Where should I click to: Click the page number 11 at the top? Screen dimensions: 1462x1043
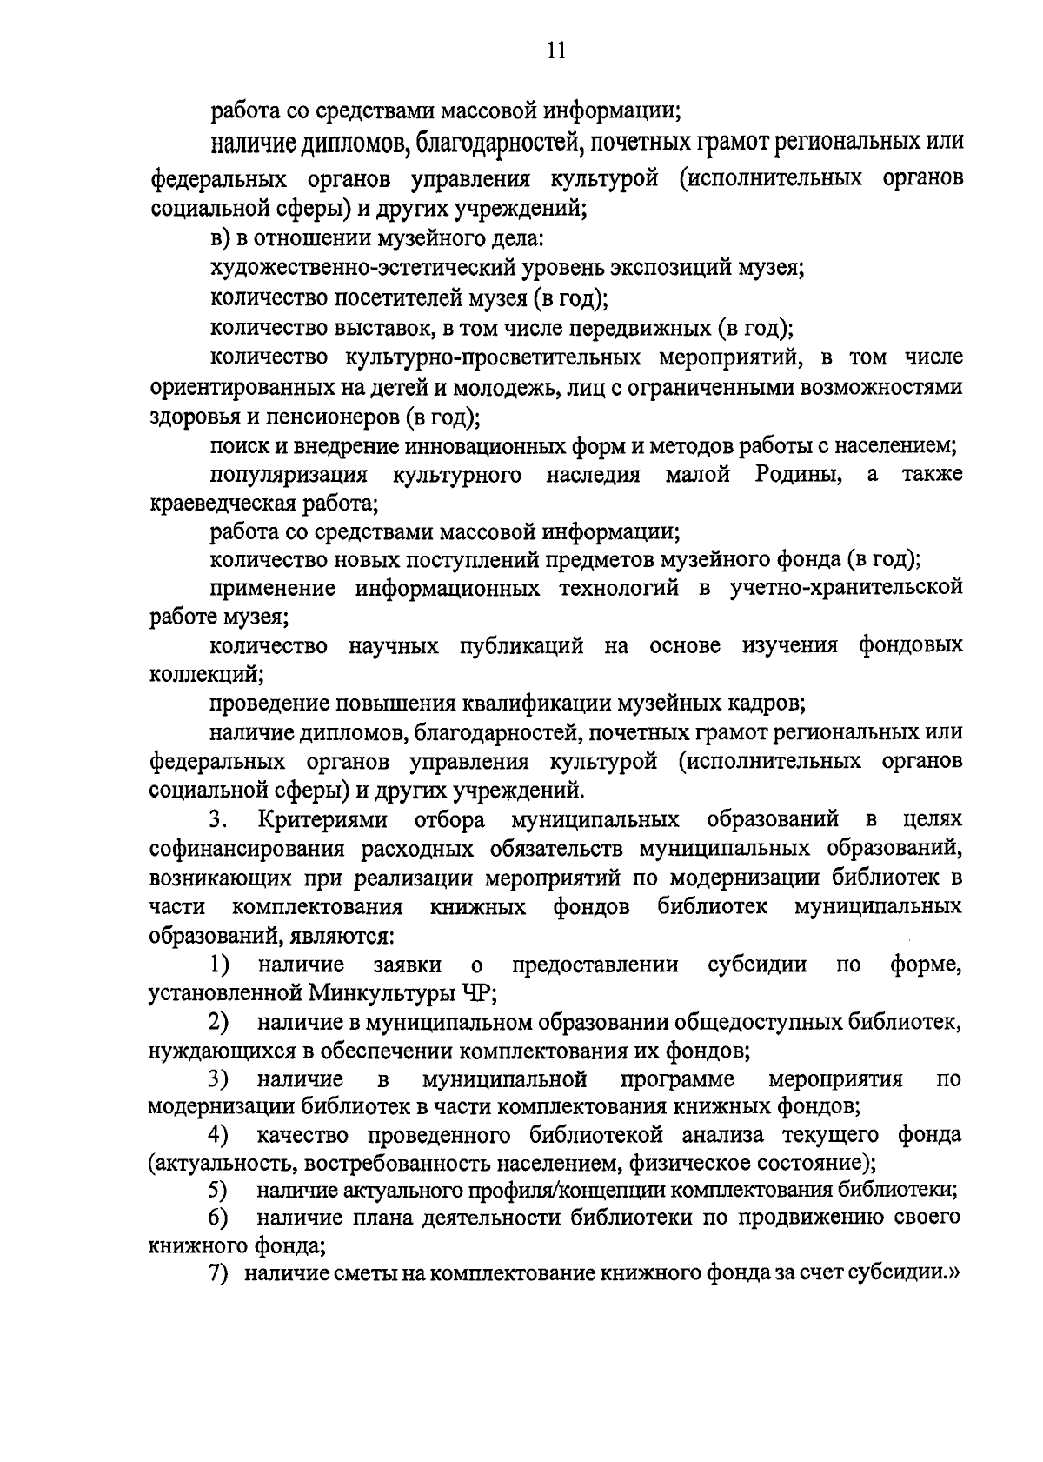pyautogui.click(x=556, y=51)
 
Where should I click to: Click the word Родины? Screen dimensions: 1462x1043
pyautogui.click(x=797, y=475)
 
